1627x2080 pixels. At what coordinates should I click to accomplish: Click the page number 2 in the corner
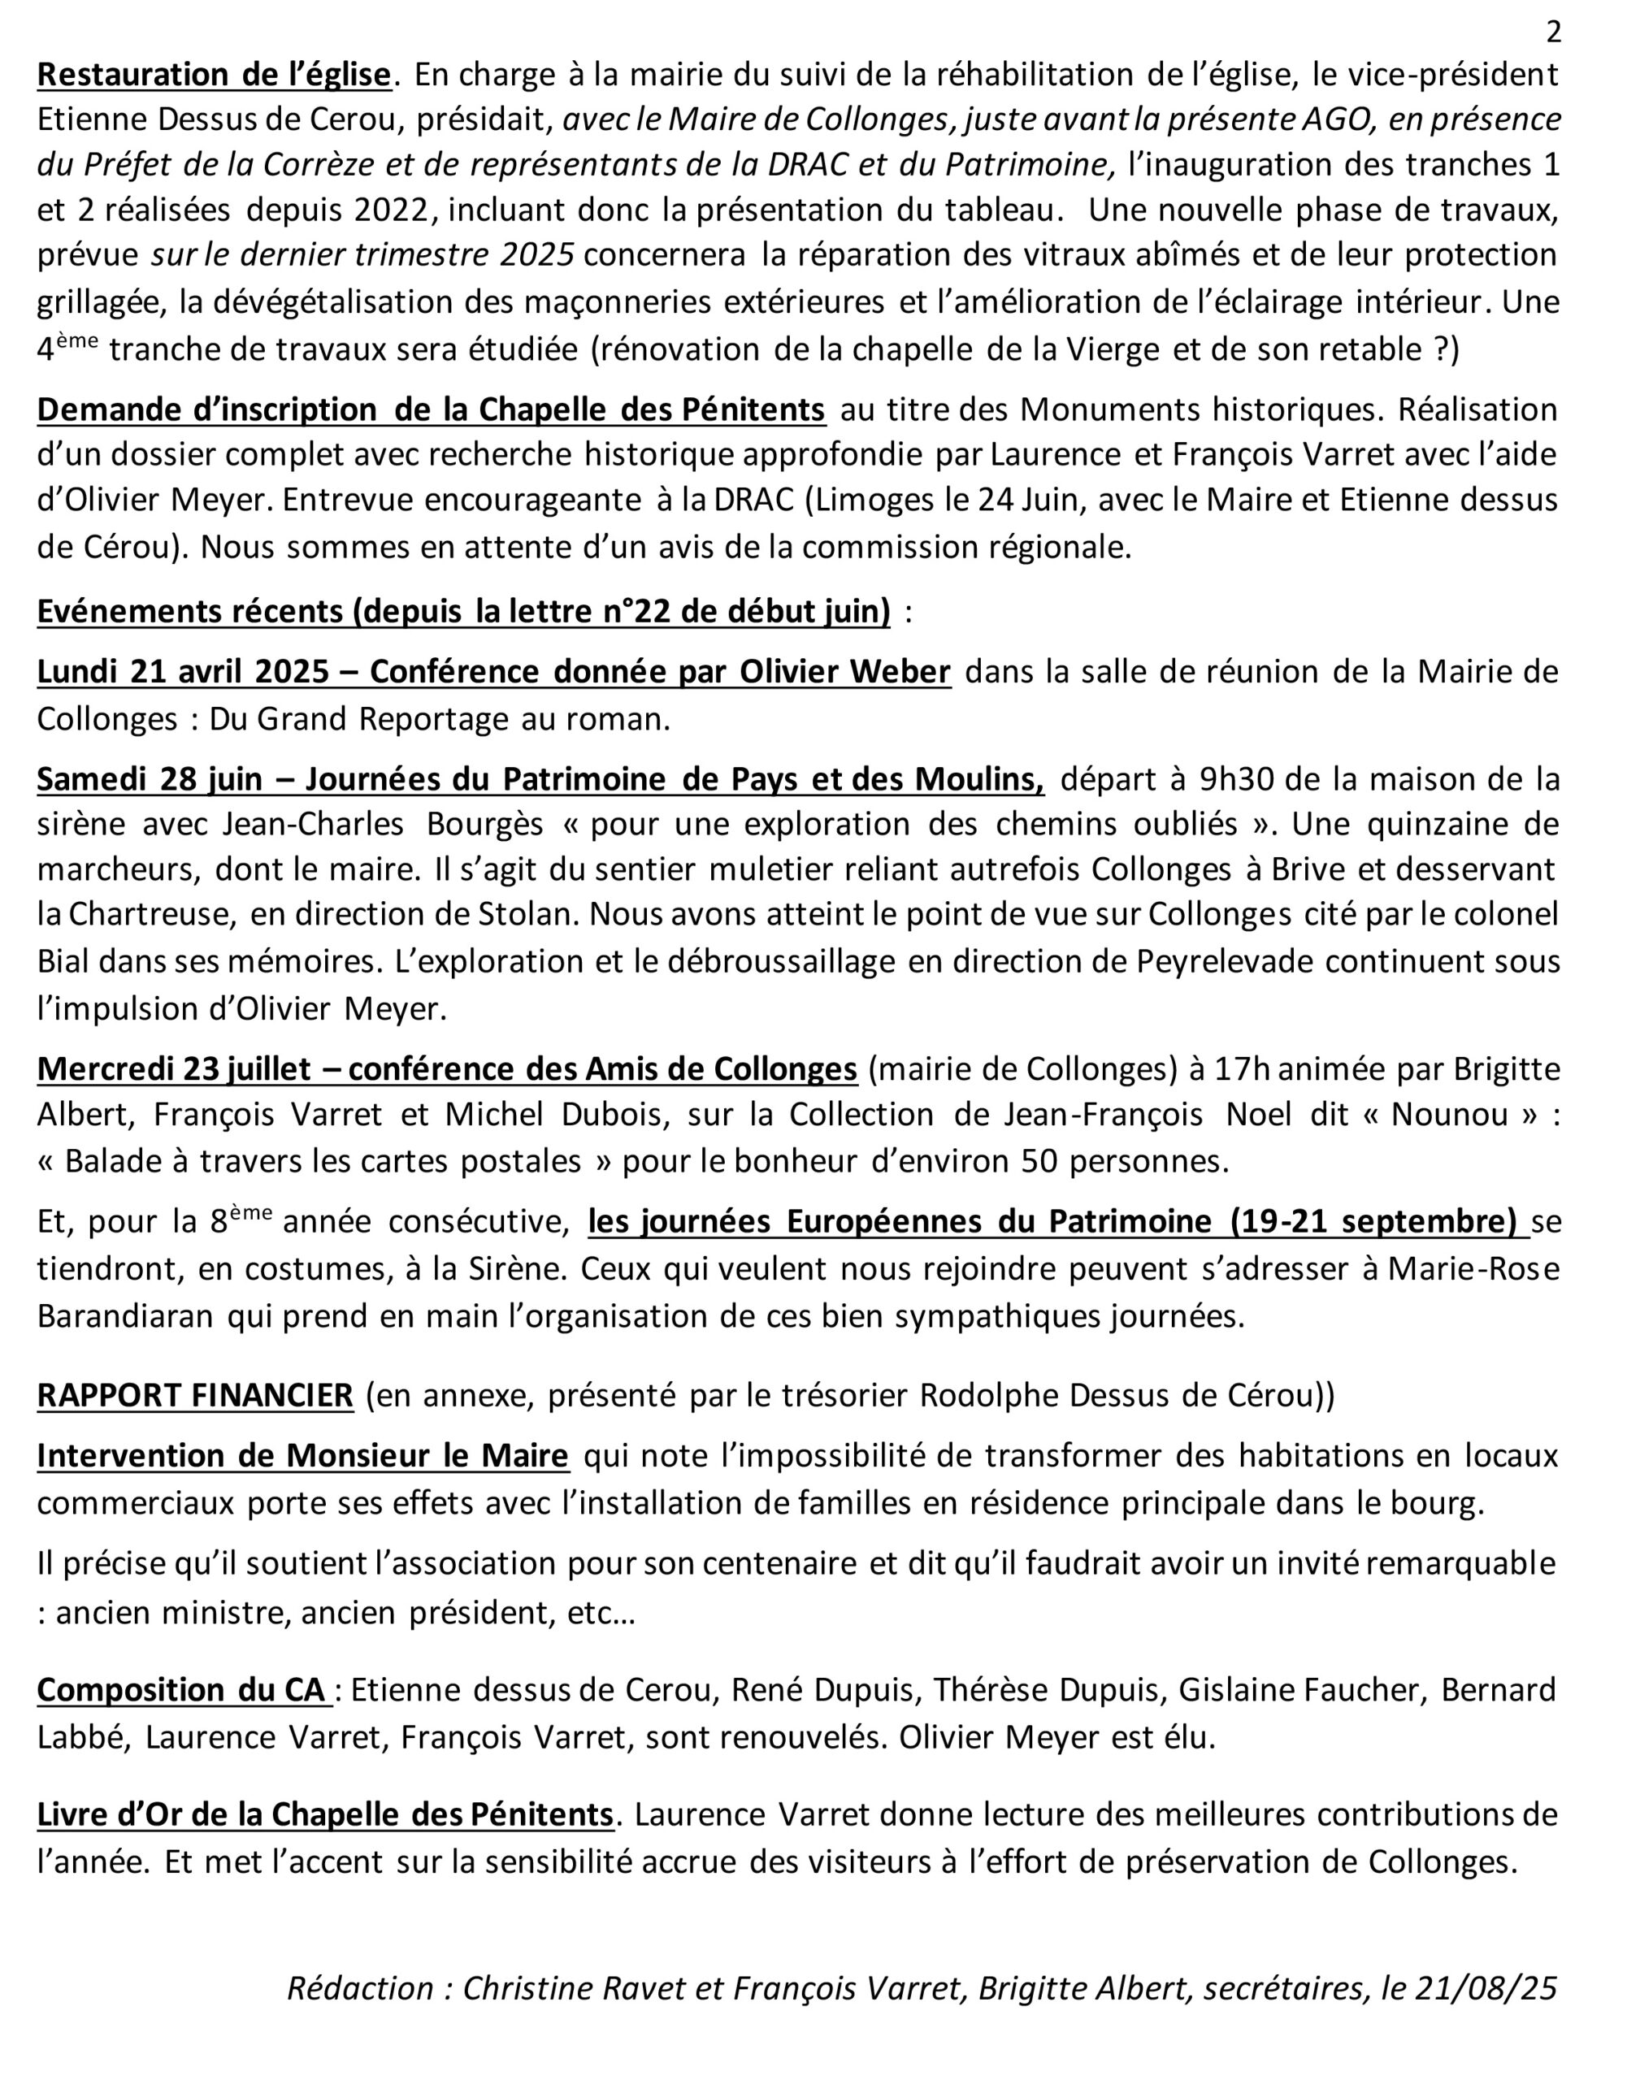[x=1553, y=32]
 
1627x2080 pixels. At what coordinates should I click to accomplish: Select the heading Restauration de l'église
[x=215, y=74]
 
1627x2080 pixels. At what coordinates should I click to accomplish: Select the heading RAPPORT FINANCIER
[x=195, y=1395]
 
